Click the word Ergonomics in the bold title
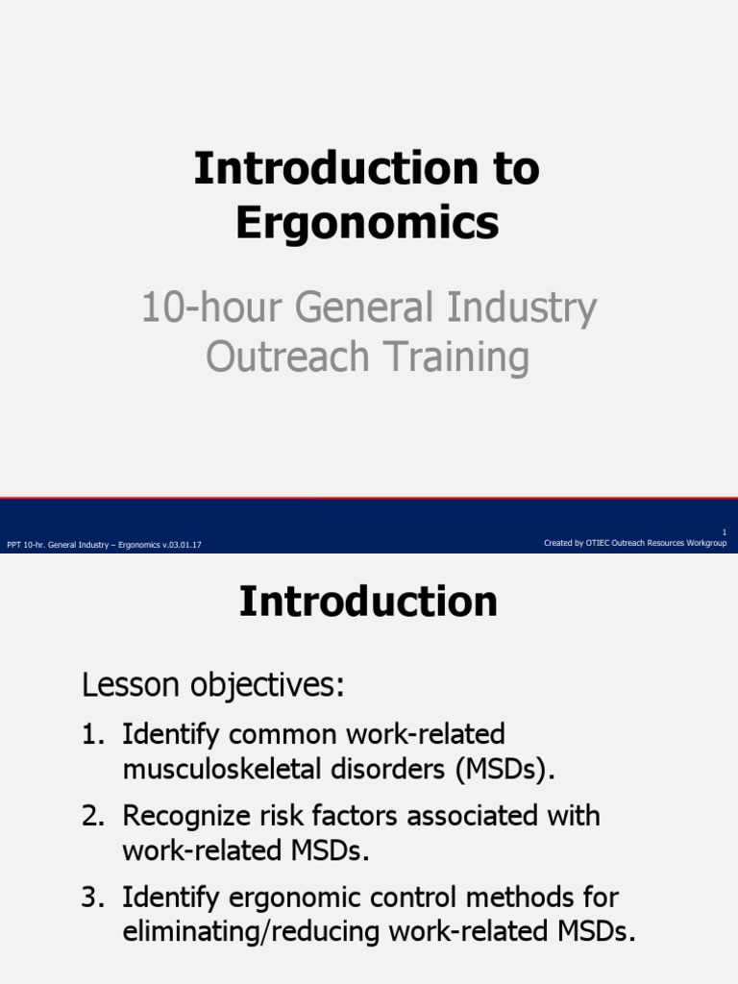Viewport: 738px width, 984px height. (367, 222)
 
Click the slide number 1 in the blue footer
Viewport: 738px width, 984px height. (724, 532)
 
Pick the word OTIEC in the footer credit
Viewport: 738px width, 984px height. (598, 543)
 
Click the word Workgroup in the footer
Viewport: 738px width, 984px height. (706, 543)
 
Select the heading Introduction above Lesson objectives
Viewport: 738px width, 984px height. (368, 603)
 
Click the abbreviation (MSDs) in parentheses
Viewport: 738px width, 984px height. (509, 770)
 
